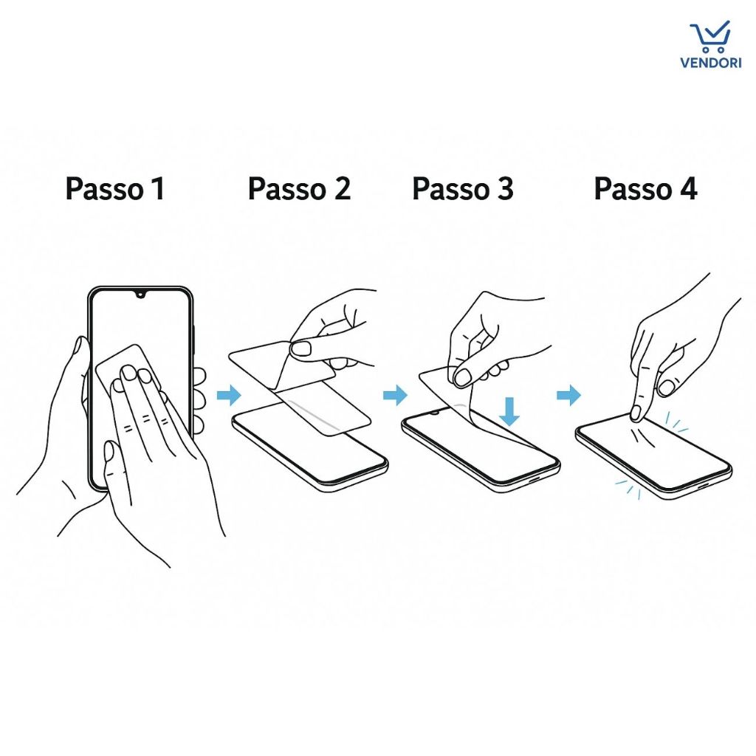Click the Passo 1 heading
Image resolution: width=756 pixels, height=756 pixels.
click(114, 189)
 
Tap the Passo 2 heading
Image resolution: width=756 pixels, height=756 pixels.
click(299, 189)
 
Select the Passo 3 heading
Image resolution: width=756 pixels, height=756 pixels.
click(463, 189)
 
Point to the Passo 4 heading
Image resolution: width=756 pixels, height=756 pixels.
click(645, 189)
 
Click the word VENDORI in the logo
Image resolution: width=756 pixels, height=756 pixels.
click(711, 63)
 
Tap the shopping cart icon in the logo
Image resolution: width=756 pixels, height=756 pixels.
click(710, 37)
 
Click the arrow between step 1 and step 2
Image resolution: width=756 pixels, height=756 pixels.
click(229, 396)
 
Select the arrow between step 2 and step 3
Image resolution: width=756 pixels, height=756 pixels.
click(396, 396)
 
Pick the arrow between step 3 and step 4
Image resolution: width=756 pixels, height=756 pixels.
click(569, 396)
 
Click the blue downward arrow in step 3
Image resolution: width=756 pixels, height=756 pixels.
click(509, 411)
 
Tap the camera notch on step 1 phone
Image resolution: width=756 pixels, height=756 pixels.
click(141, 293)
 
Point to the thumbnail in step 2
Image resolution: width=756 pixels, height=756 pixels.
click(302, 348)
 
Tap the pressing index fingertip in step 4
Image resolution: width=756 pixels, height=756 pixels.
click(636, 413)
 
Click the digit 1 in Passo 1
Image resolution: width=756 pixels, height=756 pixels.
click(158, 188)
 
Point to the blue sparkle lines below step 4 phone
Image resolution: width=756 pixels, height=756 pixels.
click(628, 488)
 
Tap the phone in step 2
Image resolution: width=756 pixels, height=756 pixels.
click(310, 447)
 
